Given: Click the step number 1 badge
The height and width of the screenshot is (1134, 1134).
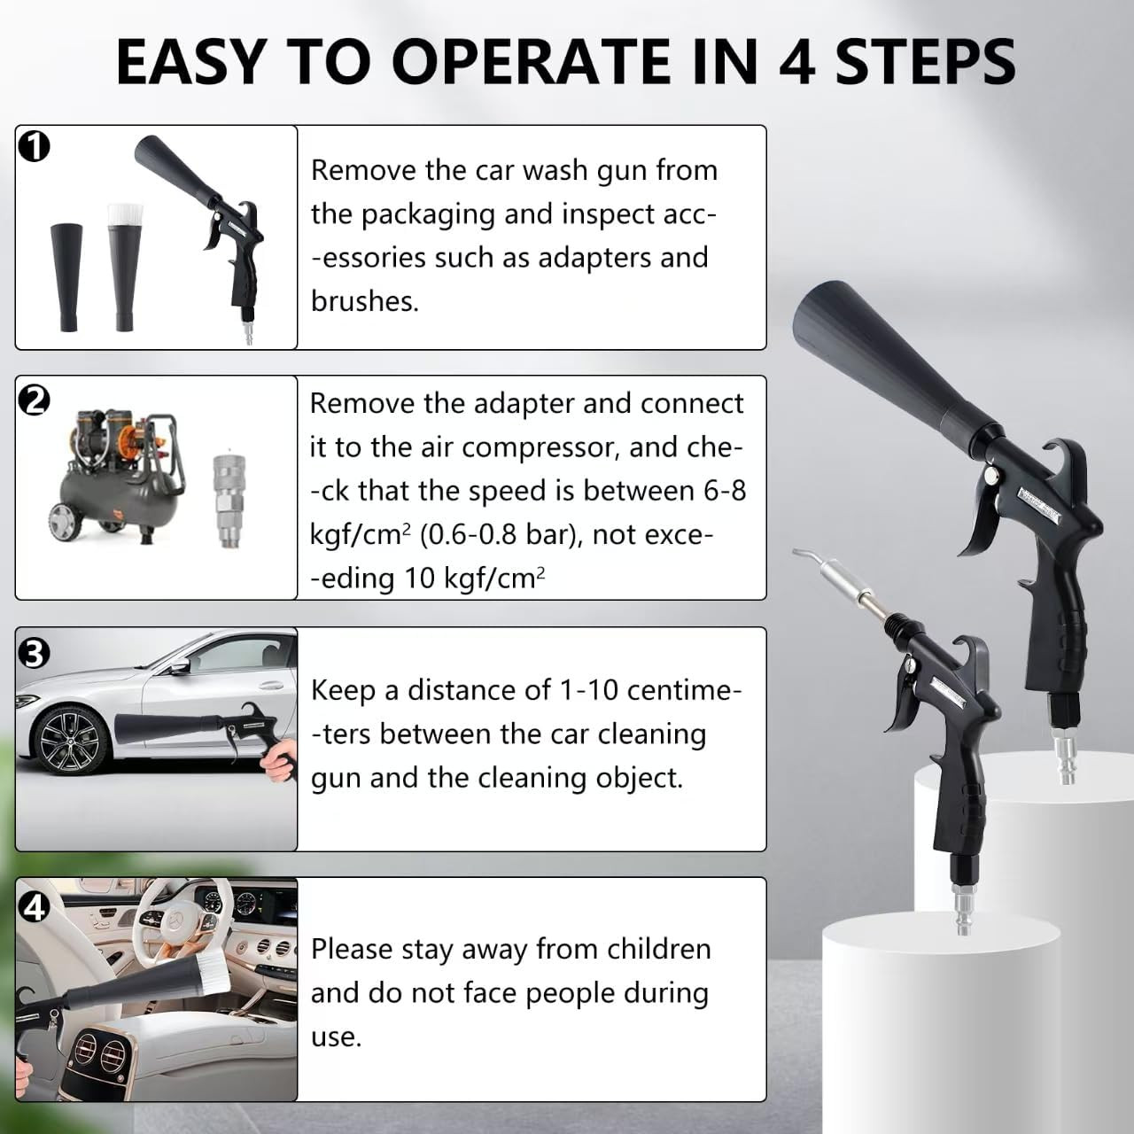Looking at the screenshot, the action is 35,147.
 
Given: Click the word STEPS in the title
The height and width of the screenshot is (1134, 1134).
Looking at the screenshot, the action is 925,62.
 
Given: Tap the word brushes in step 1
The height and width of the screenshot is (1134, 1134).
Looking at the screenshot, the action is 365,302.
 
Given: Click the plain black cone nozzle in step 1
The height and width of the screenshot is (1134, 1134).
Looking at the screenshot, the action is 66,276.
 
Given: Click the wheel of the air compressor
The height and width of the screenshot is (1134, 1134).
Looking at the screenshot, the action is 64,520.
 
